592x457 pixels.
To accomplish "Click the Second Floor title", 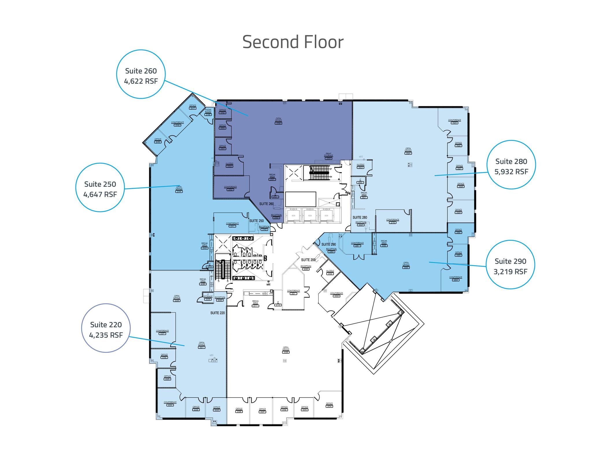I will [293, 42].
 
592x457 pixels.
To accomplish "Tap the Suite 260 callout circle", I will [141, 74].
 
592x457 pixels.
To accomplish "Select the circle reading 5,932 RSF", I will [511, 165].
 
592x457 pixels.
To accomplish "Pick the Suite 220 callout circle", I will [106, 328].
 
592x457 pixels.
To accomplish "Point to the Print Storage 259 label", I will [328, 156].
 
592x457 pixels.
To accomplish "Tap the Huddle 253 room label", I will [230, 165].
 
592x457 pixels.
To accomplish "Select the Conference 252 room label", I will [230, 188].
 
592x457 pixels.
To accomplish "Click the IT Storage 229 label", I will [208, 297].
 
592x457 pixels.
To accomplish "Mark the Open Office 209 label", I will [286, 350].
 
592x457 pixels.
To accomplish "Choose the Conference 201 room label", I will [293, 292].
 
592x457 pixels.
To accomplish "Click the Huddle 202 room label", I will [330, 272].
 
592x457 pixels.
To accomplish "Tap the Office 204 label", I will [329, 405].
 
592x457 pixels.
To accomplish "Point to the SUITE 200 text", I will [308, 260].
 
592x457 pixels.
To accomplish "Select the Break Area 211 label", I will [256, 303].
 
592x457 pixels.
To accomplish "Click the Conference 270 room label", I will [393, 221].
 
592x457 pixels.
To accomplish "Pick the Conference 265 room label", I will [454, 122].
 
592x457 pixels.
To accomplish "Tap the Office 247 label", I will [193, 107].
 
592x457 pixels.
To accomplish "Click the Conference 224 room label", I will [170, 404].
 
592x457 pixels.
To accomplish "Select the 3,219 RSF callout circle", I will [510, 265].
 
